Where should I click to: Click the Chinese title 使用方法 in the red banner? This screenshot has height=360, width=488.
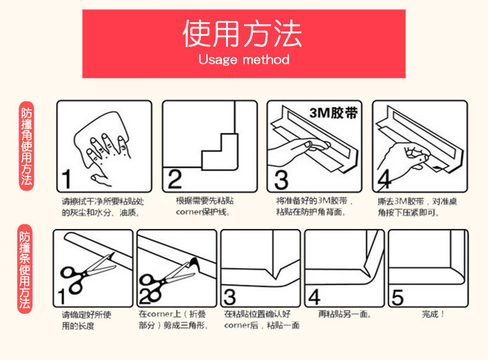click(242, 33)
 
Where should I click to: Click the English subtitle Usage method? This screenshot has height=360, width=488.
click(244, 59)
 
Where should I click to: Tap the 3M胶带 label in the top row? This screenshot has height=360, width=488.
click(334, 113)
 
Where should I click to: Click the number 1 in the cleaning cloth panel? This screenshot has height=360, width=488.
click(67, 179)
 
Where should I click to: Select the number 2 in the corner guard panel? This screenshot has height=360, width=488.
click(175, 179)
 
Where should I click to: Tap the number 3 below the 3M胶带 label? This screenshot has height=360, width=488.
click(281, 180)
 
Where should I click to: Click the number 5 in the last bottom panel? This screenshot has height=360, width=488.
click(397, 298)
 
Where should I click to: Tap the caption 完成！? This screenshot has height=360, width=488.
click(433, 314)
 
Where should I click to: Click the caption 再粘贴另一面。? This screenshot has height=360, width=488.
click(345, 314)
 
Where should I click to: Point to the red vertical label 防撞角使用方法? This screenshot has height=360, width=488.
click(27, 146)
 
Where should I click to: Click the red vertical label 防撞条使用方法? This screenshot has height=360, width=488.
click(25, 269)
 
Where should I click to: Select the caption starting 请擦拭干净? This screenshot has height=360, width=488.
click(103, 207)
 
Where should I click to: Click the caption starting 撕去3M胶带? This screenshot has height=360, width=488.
click(417, 207)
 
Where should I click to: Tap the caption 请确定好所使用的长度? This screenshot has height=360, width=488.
click(86, 320)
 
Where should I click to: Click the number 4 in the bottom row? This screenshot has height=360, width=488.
click(314, 297)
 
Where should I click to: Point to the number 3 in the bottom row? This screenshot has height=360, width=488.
click(230, 297)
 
